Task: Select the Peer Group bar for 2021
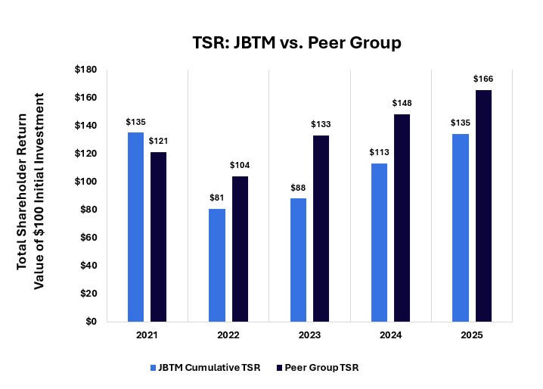[x=158, y=237]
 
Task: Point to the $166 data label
[x=483, y=79]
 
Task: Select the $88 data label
[x=298, y=188]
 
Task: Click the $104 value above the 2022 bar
[x=240, y=165]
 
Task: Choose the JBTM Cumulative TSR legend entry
[x=206, y=368]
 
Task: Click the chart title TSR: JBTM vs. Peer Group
[x=296, y=43]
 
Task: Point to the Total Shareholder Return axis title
[x=29, y=182]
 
